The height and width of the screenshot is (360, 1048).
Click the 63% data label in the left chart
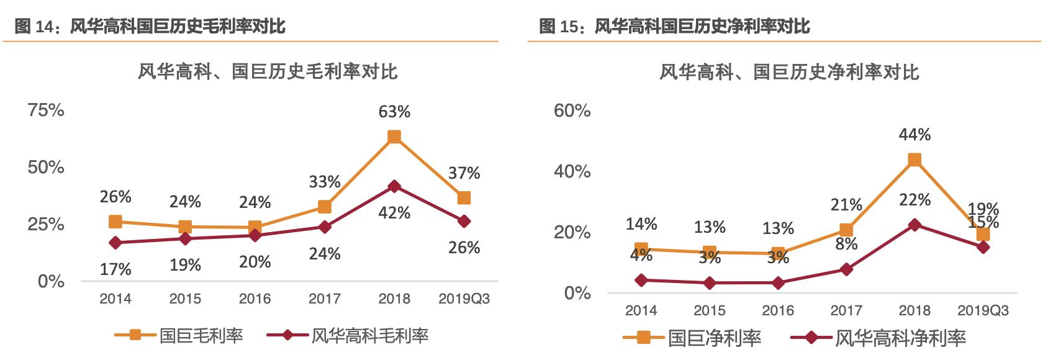[x=394, y=112]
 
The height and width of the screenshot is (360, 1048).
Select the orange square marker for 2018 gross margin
[x=394, y=137]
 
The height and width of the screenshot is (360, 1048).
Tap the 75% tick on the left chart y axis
[x=46, y=110]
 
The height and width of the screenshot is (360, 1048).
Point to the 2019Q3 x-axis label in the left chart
[x=464, y=299]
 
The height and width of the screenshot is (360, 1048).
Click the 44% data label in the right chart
[x=915, y=135]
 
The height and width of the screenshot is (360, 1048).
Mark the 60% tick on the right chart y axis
[x=572, y=110]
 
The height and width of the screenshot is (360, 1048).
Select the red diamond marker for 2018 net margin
[x=915, y=225]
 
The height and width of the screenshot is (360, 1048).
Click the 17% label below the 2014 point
[x=115, y=269]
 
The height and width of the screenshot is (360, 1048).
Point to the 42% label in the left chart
[x=394, y=213]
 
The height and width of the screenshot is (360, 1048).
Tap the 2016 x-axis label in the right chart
[x=778, y=310]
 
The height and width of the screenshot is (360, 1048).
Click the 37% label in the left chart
[x=464, y=173]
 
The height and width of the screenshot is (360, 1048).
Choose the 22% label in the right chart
[x=915, y=200]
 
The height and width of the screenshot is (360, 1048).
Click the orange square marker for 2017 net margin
[x=846, y=230]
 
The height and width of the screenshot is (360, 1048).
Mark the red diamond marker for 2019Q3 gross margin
[x=464, y=221]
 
